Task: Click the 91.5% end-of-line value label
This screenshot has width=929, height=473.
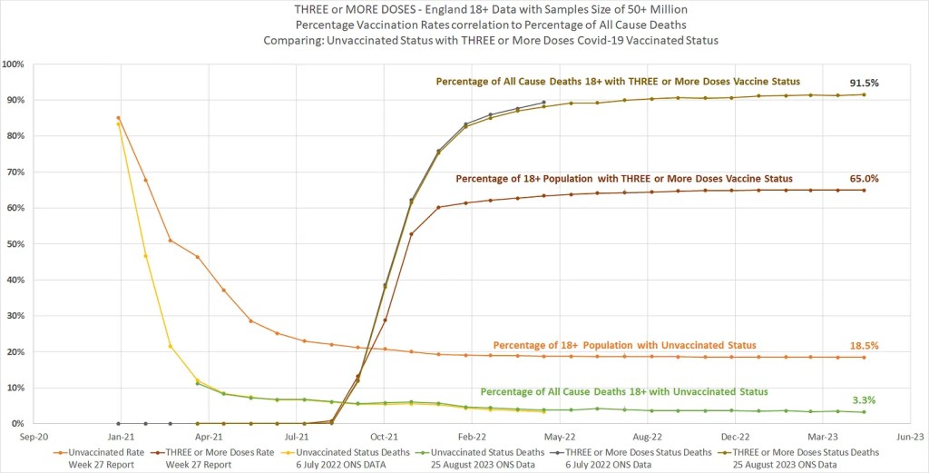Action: point(864,83)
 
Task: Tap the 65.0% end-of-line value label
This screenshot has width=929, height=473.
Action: point(865,179)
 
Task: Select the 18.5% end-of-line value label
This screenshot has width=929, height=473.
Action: point(865,346)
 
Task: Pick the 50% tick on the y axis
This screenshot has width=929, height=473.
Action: point(15,244)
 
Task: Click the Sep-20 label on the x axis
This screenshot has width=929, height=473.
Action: point(34,436)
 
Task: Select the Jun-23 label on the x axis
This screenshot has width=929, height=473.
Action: point(910,436)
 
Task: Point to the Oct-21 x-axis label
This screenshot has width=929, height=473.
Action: point(385,436)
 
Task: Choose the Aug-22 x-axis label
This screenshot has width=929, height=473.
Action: point(647,436)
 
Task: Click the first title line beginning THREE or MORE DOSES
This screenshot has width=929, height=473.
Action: point(464,9)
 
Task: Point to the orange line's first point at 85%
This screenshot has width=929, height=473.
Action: point(119,117)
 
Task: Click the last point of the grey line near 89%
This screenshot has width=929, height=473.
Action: point(543,103)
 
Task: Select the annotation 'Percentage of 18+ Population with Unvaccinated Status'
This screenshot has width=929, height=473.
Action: point(624,345)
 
